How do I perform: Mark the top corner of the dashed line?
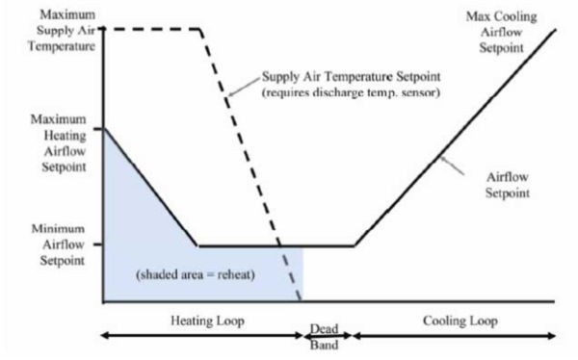199,28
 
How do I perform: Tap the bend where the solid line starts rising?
354,245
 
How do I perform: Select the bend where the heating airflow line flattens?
197,245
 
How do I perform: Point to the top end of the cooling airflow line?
556,29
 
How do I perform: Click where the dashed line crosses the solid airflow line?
281,245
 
